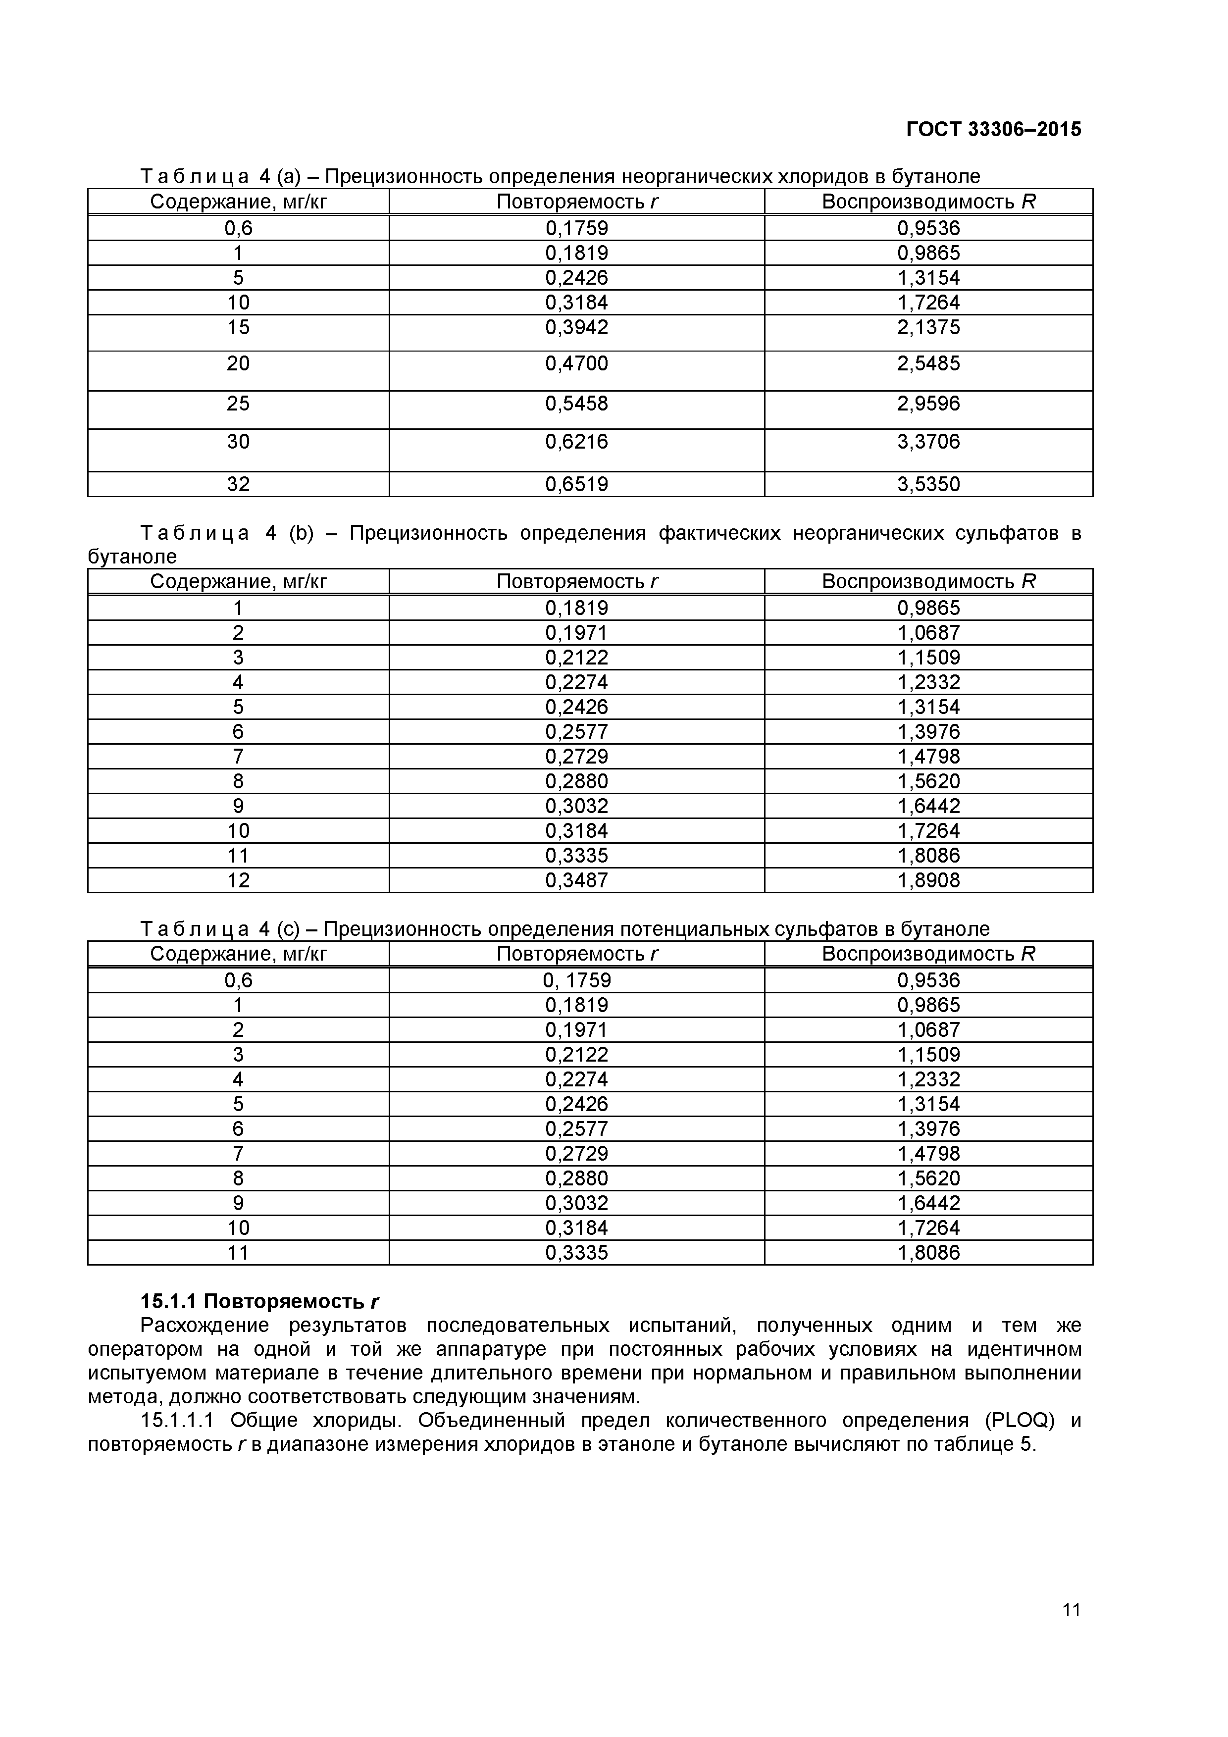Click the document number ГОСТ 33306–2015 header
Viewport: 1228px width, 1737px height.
tap(993, 129)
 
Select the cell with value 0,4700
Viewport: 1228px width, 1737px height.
tap(576, 364)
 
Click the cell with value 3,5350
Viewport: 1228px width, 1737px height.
tap(928, 484)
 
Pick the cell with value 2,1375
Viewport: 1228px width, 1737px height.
tap(928, 328)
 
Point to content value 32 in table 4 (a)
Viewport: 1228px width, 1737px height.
tap(238, 484)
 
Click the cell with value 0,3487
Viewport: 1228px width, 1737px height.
tap(576, 880)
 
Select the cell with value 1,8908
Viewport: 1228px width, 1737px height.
tap(928, 880)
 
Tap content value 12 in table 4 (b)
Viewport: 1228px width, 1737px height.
tap(238, 880)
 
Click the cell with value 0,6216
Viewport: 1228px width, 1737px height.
tap(576, 442)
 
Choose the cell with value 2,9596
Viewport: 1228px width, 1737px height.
tap(928, 403)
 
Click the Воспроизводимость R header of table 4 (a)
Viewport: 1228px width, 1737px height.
tap(928, 202)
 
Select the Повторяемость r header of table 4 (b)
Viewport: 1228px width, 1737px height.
tap(576, 582)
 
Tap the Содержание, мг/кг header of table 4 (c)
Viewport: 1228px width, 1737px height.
tap(238, 954)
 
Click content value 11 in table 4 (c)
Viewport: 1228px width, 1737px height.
tap(238, 1253)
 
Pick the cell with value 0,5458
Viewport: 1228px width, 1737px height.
tap(576, 403)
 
